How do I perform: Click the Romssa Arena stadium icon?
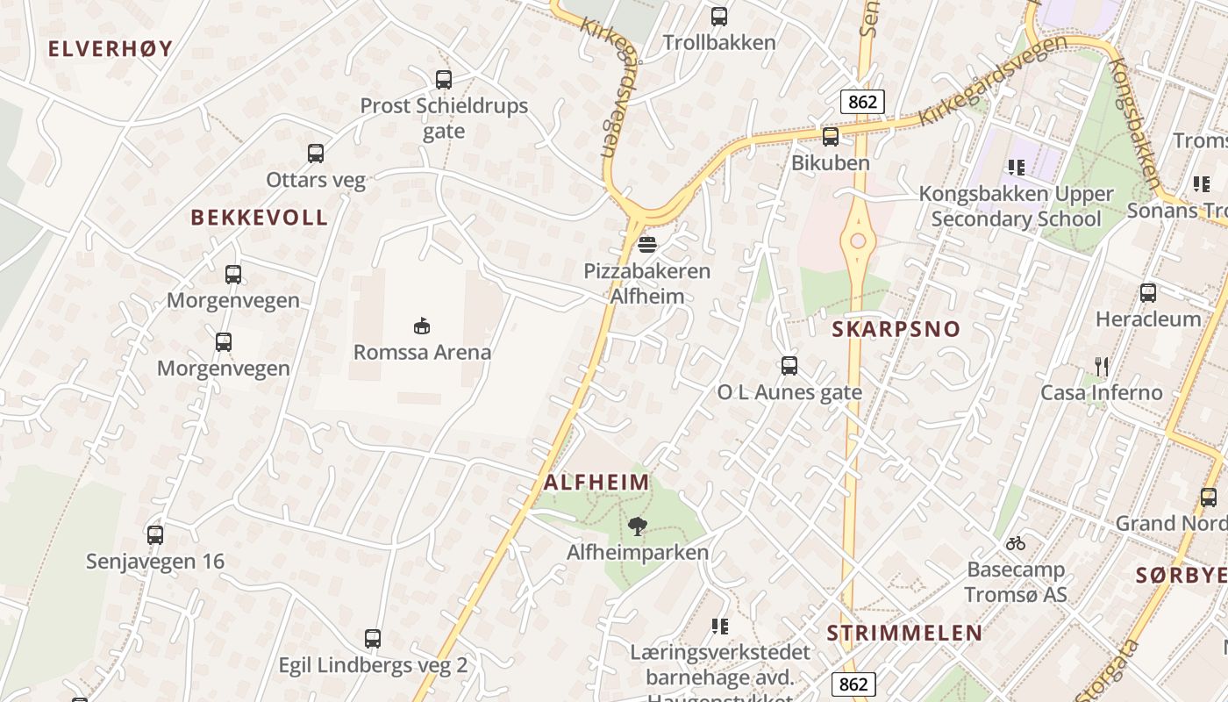click(422, 326)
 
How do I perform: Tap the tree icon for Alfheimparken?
click(638, 526)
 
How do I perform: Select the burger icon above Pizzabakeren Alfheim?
click(647, 245)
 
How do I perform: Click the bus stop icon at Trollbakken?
click(719, 16)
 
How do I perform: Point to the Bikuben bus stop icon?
click(830, 137)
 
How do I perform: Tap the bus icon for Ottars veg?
click(316, 154)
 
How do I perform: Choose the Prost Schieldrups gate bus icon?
click(444, 80)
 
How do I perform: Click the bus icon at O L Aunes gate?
click(789, 366)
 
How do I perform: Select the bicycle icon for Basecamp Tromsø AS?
click(1016, 543)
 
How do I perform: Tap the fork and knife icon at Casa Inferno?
click(1102, 366)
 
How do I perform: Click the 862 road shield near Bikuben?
click(862, 102)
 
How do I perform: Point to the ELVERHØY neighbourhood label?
click(111, 49)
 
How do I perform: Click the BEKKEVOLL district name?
click(260, 218)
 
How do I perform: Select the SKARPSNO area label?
click(896, 330)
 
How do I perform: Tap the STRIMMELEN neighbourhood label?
click(904, 634)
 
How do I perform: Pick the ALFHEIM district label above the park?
click(597, 483)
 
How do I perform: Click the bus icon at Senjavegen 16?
click(155, 535)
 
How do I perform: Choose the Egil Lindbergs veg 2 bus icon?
click(373, 639)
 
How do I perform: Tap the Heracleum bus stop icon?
click(1148, 293)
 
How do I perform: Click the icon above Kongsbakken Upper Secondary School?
click(1017, 167)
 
